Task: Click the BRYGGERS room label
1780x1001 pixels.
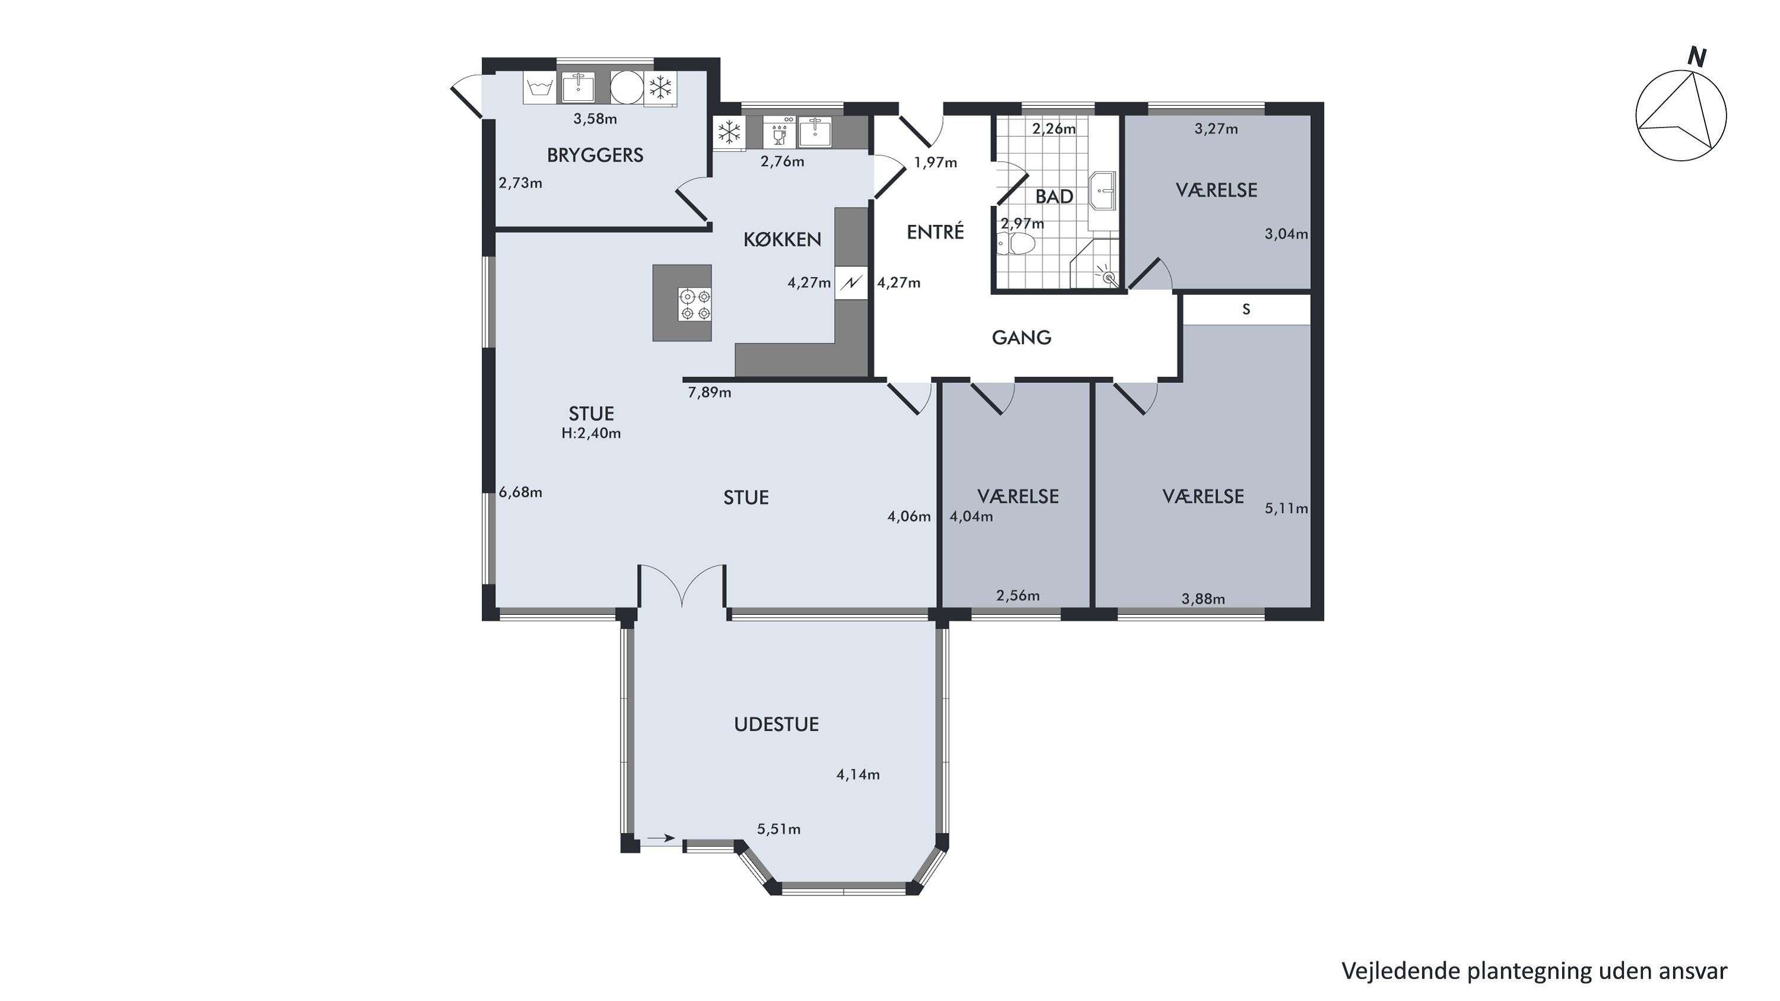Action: click(595, 155)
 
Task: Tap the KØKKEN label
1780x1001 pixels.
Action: click(782, 240)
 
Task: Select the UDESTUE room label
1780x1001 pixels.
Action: click(776, 724)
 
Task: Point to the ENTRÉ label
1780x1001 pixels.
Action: click(935, 232)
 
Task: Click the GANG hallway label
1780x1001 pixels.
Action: click(1021, 338)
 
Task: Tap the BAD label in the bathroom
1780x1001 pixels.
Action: click(1054, 197)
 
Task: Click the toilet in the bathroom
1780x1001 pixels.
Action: click(1015, 244)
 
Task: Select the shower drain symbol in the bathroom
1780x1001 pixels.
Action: click(1109, 278)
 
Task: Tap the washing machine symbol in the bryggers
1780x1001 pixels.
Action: click(539, 88)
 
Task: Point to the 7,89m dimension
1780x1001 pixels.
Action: click(710, 393)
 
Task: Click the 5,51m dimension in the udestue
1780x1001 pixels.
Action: click(778, 829)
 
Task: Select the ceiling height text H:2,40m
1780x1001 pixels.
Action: click(591, 434)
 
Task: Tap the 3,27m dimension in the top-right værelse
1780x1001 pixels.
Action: click(1216, 129)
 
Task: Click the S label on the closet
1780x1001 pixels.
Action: click(1247, 310)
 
